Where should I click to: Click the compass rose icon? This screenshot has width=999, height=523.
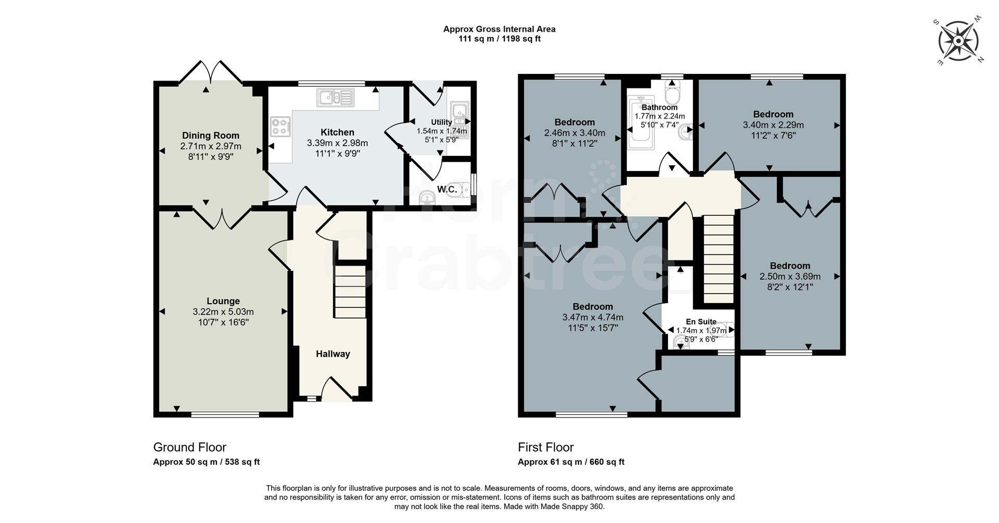click(958, 41)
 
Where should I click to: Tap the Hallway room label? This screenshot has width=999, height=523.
click(332, 354)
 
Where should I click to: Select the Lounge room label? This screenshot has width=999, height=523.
click(223, 301)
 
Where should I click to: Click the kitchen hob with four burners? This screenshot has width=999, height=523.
click(280, 126)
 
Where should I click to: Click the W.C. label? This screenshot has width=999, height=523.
click(447, 190)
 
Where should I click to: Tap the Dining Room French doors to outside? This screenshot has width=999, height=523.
click(211, 73)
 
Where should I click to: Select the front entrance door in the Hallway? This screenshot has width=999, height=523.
click(336, 390)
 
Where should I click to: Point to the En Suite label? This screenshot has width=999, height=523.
click(701, 322)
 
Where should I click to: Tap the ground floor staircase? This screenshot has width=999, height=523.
click(350, 291)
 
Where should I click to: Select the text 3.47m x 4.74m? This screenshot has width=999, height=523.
click(593, 318)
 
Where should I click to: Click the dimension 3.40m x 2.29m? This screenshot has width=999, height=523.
click(773, 125)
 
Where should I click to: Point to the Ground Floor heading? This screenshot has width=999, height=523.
click(189, 447)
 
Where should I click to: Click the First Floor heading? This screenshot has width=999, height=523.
click(545, 447)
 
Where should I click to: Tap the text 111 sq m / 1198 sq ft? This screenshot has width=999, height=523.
click(499, 39)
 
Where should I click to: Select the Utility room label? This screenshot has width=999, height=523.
click(441, 122)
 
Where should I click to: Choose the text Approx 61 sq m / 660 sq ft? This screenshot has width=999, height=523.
click(571, 462)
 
